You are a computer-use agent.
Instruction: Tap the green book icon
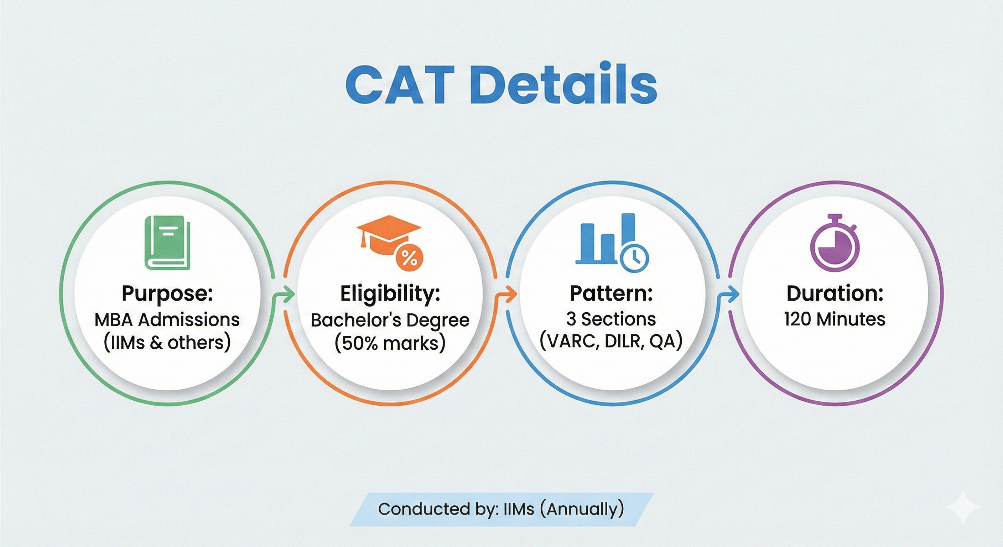pos(167,243)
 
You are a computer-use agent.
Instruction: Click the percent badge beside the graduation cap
pos(409,258)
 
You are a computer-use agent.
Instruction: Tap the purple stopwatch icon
pos(835,243)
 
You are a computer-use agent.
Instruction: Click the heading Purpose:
pos(167,293)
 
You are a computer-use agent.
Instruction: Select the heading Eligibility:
pos(390,293)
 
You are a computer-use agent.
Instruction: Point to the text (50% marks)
pos(390,343)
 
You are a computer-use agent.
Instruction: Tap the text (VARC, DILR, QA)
pos(611,341)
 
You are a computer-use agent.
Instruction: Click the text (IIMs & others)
pos(167,343)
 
